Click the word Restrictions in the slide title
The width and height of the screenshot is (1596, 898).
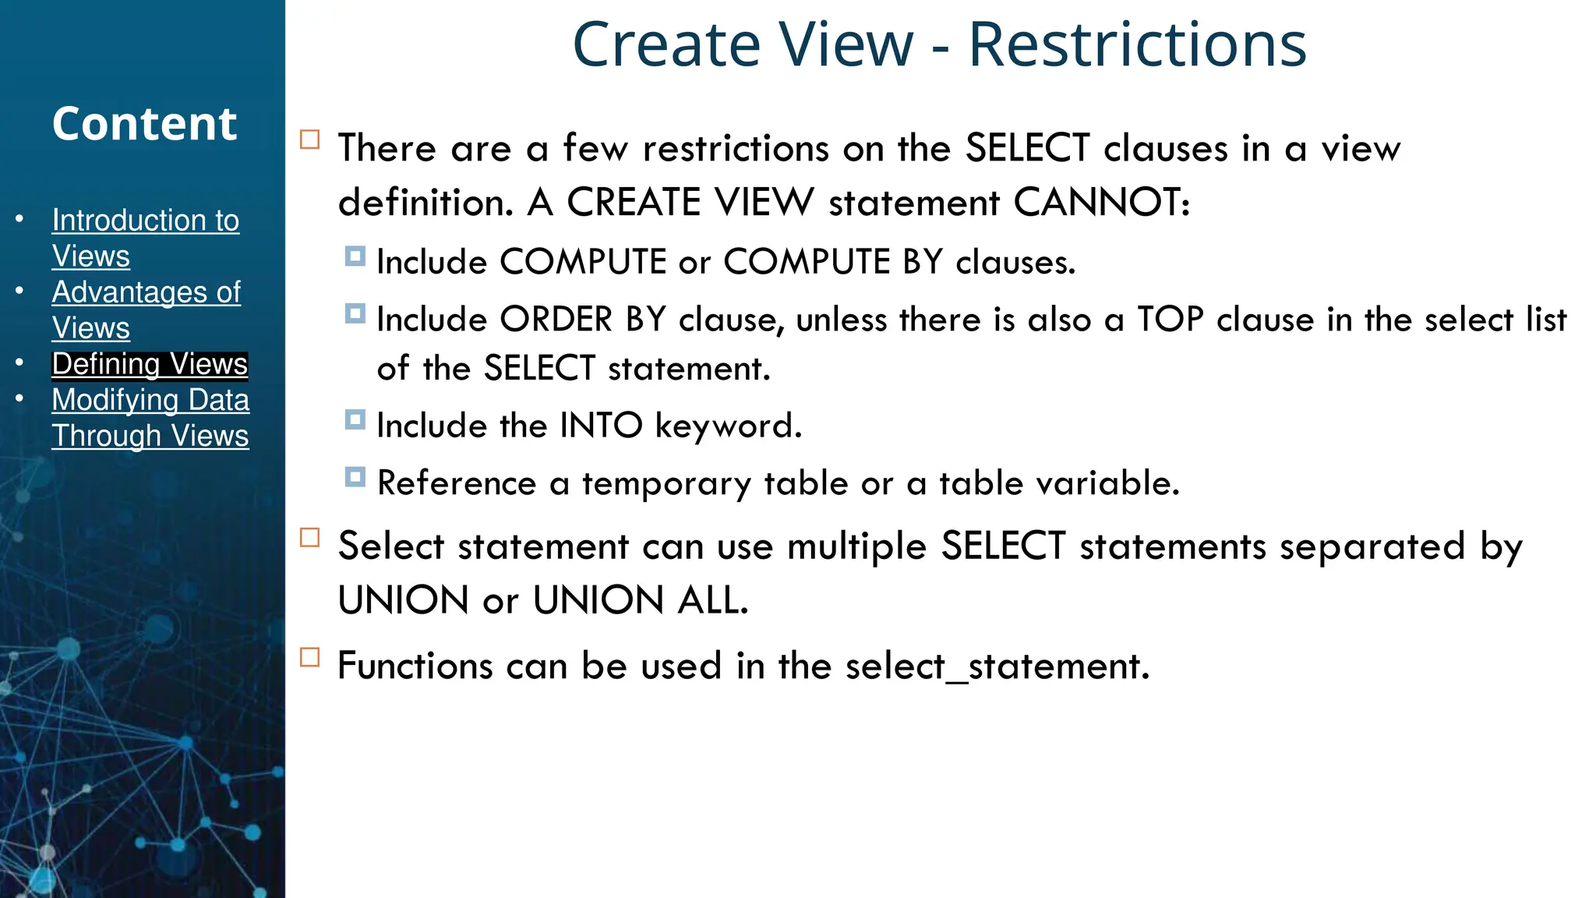click(x=1137, y=45)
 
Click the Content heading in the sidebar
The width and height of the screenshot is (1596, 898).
click(x=144, y=124)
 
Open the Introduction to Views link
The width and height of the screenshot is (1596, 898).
click(x=145, y=237)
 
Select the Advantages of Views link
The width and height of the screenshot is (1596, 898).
click(x=146, y=309)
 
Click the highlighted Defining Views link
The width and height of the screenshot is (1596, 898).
click(x=150, y=364)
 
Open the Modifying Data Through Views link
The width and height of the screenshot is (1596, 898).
click(x=150, y=417)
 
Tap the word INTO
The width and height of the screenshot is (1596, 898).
click(x=601, y=426)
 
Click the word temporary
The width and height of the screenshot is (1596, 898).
click(x=666, y=483)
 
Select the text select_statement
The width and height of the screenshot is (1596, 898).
click(x=997, y=666)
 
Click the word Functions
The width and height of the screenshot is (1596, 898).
click(x=415, y=666)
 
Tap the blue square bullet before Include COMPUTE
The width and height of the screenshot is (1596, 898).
click(x=355, y=256)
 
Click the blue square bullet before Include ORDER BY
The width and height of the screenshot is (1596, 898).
click(x=355, y=313)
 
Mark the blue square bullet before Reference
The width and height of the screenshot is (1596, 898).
click(x=355, y=477)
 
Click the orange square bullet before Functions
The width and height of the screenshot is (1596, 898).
click(x=310, y=657)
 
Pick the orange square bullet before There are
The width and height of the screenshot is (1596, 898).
click(x=310, y=140)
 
